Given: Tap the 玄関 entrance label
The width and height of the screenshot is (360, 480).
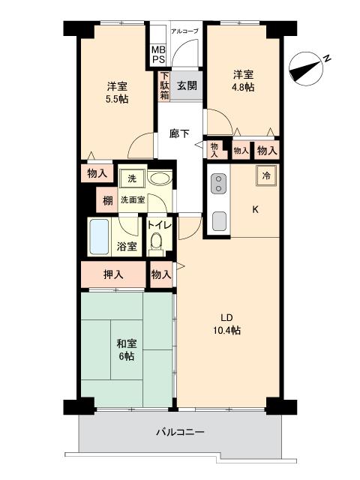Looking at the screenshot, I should click(187, 85).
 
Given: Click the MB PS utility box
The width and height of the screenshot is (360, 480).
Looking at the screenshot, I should click(157, 54).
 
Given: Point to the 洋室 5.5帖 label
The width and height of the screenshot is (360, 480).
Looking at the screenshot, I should click(117, 91).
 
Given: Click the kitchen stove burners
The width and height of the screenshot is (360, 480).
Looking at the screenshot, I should click(220, 183).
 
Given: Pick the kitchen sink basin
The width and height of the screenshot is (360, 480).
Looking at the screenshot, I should click(220, 220).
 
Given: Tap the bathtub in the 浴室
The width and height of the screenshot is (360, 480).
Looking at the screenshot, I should click(100, 236).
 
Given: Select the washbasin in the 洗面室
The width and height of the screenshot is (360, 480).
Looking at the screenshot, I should click(157, 179).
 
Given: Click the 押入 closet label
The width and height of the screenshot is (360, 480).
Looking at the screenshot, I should click(113, 274).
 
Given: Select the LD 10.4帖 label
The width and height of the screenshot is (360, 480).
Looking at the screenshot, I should click(224, 322).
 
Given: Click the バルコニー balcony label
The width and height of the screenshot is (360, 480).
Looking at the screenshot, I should click(180, 432).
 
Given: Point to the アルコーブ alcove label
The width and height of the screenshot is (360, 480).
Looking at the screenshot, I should click(184, 31).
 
